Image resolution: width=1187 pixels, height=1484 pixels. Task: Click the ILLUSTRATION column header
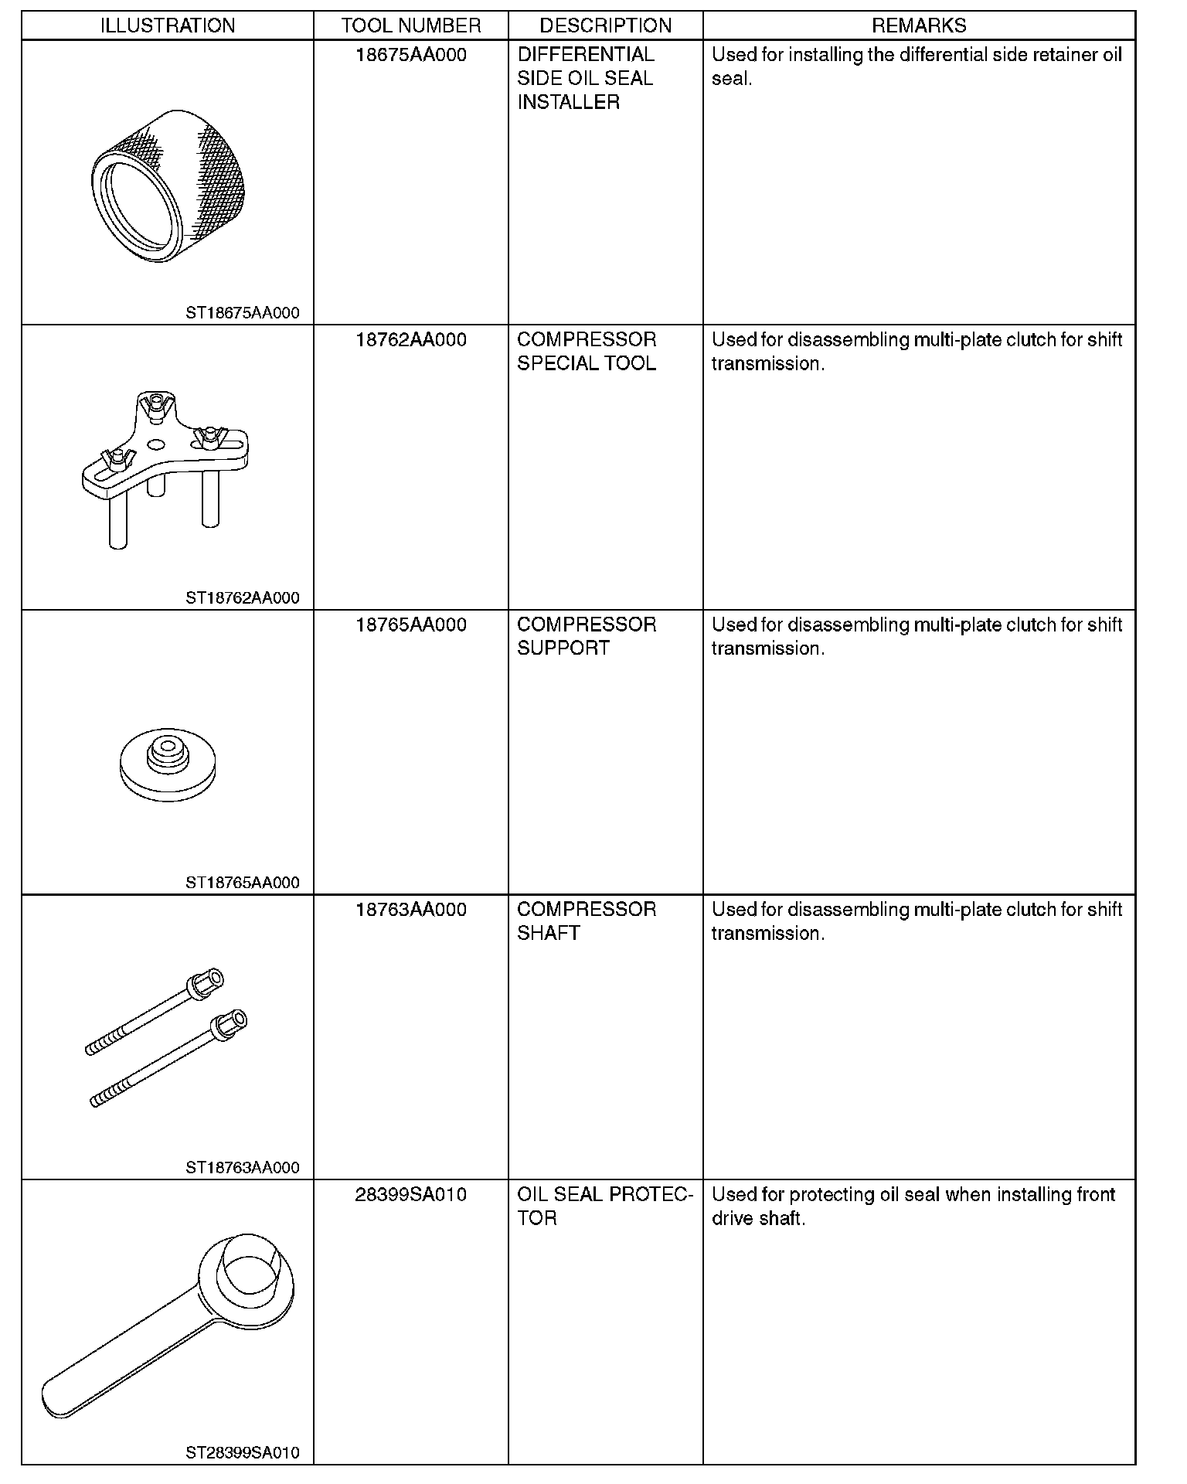[168, 26]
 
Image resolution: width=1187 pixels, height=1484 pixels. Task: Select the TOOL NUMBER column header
[411, 26]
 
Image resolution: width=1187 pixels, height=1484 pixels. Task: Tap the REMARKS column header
[919, 26]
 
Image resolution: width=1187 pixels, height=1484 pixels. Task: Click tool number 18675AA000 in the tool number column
[411, 55]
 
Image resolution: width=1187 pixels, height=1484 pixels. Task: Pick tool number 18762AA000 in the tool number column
[411, 340]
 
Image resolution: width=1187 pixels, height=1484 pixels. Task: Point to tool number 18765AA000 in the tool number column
[411, 625]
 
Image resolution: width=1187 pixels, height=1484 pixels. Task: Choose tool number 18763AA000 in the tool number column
[411, 910]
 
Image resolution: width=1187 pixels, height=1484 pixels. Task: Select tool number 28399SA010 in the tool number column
[411, 1195]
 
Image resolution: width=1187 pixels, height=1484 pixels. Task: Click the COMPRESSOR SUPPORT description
[587, 636]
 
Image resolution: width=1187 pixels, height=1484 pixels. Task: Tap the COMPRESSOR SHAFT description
[587, 921]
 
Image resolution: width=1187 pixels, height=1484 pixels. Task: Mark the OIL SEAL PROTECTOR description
[604, 1207]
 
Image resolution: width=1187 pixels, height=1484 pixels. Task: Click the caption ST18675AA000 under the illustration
[242, 313]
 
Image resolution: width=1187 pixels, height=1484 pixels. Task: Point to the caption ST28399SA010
[242, 1453]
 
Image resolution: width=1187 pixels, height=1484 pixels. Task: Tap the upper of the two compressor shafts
[155, 1012]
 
